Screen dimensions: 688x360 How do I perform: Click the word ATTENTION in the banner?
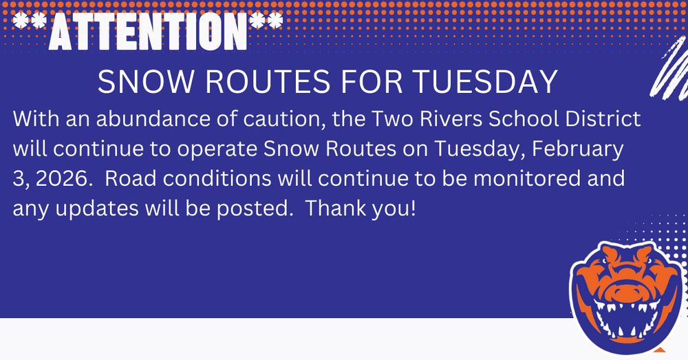pos(148,31)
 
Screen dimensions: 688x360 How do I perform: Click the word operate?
pos(217,149)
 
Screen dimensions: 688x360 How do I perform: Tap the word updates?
pos(97,209)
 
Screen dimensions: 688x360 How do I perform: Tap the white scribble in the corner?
pos(669,68)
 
